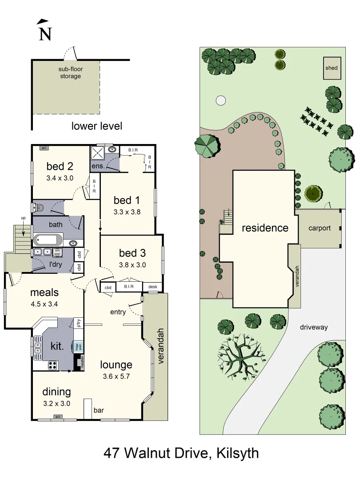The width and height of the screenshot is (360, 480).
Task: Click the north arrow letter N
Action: (x=44, y=34)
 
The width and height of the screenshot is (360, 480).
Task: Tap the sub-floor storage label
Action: (x=71, y=72)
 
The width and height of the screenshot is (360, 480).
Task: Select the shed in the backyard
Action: (x=332, y=68)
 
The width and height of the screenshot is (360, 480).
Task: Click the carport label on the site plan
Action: (x=320, y=228)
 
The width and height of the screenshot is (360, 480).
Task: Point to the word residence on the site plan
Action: (x=265, y=228)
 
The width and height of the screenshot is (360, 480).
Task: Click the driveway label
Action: (x=313, y=327)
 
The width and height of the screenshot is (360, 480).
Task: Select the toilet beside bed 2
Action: (x=37, y=207)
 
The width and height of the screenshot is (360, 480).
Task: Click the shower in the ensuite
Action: (x=97, y=153)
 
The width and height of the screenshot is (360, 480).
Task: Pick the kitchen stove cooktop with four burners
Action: (x=52, y=365)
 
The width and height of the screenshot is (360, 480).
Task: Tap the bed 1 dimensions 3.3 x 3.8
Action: (x=127, y=212)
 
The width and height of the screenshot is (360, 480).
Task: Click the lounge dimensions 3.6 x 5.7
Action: (x=116, y=376)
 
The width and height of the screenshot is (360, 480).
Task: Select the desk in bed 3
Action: (x=152, y=287)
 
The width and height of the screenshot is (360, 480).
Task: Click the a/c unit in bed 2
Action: (x=44, y=148)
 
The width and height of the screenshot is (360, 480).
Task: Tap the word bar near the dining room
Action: (x=99, y=410)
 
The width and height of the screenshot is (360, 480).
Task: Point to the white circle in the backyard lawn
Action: (x=220, y=100)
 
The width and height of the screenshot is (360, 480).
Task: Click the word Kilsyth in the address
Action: (x=237, y=453)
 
